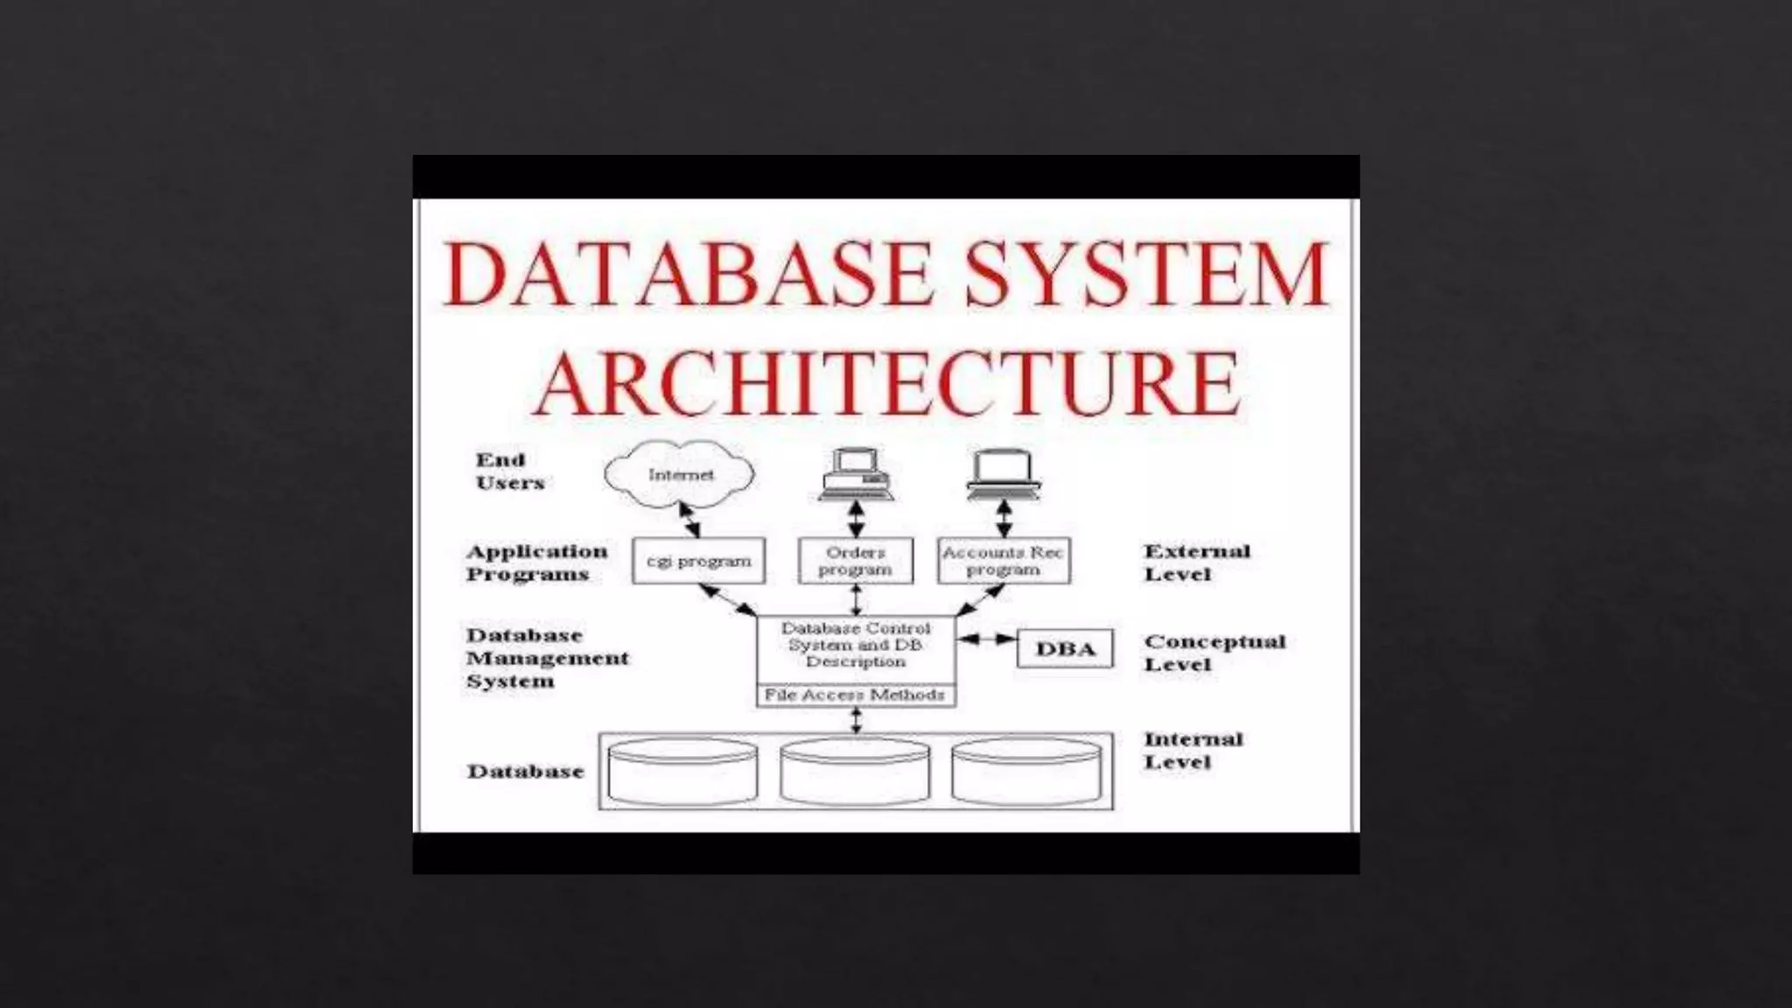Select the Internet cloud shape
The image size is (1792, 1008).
[x=680, y=474]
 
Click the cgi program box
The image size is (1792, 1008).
[x=698, y=561]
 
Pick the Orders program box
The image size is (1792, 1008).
[x=855, y=561]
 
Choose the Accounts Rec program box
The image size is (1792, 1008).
[x=1003, y=561]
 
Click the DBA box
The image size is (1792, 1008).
[x=1065, y=649]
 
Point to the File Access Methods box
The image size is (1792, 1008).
[x=855, y=696]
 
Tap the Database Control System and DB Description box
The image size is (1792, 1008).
[x=855, y=646]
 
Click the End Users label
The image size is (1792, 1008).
[x=509, y=472]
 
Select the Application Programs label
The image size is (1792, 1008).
[x=535, y=563]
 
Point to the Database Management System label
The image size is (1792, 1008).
[x=546, y=658]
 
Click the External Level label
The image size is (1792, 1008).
[x=1196, y=563]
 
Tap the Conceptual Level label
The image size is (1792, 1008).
[x=1214, y=653]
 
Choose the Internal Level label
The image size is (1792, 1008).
[x=1193, y=751]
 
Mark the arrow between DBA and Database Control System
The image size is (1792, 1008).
[x=986, y=640]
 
